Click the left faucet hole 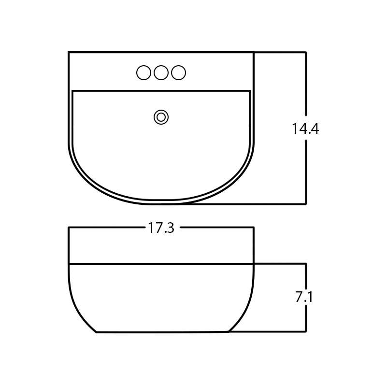143,73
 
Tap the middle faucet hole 161,73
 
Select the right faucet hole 178,73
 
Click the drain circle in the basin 161,117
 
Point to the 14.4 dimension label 305,129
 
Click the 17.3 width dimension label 161,228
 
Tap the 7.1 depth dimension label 304,297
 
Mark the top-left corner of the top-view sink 69,52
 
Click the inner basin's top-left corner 72,91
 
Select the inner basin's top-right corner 250,91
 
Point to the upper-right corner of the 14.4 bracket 306,52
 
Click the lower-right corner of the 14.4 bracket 306,204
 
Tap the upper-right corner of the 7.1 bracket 306,264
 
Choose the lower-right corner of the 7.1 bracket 306,332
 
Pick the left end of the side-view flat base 97,332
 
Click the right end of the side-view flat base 228,331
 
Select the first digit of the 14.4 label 294,129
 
